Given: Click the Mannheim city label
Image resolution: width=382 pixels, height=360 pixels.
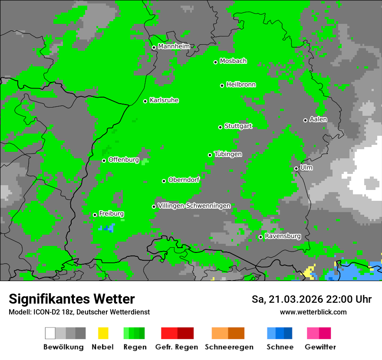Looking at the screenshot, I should [174, 46].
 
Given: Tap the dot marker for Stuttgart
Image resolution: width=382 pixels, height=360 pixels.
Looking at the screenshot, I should [220, 127].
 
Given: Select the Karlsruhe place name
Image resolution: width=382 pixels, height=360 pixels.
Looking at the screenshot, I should [164, 101].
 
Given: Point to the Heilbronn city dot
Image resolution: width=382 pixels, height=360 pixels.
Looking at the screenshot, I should [222, 85].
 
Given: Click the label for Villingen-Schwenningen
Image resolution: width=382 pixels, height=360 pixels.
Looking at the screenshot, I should [194, 206].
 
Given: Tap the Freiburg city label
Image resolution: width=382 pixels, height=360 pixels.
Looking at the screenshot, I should [111, 214].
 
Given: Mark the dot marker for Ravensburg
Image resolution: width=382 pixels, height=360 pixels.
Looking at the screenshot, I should [260, 237].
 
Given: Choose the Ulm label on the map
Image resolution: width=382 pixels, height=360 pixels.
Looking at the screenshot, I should [306, 167].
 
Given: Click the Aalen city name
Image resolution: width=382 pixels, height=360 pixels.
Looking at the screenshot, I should [318, 119].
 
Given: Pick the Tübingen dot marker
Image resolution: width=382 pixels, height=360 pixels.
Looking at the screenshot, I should [210, 155].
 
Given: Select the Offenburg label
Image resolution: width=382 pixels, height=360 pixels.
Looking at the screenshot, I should [123, 160].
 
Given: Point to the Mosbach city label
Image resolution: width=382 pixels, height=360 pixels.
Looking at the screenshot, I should [233, 61].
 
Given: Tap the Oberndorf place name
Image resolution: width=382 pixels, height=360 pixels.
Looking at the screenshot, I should [184, 180].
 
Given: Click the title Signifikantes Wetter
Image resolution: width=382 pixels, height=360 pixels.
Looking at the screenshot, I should [72, 299].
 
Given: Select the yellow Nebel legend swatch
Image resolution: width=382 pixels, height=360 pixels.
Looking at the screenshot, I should [103, 333].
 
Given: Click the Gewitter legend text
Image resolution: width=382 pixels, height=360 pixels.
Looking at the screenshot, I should [320, 347].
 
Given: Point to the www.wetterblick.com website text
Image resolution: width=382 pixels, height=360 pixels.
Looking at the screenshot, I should [313, 312].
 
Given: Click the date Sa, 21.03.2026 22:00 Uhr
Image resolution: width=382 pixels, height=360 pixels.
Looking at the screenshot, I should [311, 299].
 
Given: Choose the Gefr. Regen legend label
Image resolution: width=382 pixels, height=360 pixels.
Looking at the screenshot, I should [177, 347].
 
